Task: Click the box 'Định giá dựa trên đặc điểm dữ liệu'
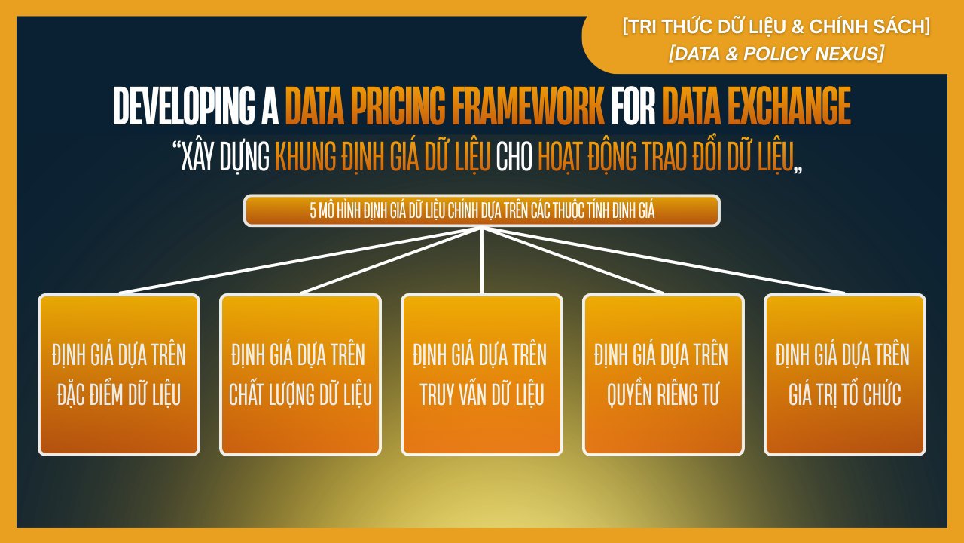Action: pos(119,375)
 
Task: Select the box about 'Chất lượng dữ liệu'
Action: pos(300,375)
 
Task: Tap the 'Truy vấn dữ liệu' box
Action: pos(482,375)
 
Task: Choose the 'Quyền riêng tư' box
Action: pos(664,375)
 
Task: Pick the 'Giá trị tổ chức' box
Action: pos(845,375)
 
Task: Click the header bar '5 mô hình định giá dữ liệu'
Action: pos(482,210)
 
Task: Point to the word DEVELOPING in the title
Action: pos(185,106)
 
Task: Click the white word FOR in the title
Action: pos(633,106)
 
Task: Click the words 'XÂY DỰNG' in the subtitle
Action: pos(225,158)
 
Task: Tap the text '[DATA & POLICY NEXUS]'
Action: pos(776,54)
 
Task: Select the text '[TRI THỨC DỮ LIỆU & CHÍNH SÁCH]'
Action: pos(776,26)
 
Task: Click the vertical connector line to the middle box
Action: pos(482,261)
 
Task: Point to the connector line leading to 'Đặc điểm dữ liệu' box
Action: pos(300,261)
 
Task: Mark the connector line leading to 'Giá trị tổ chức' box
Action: pos(664,261)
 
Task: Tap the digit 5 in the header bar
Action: pos(313,210)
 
